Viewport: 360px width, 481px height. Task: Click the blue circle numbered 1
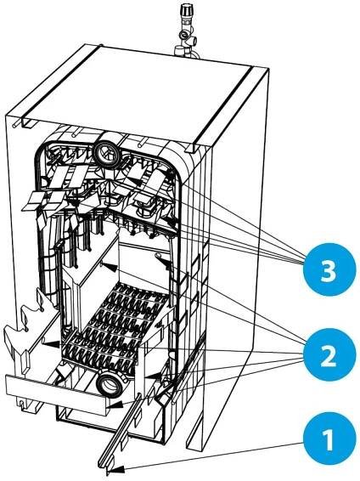point(328,439)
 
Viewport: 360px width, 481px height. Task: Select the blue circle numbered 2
point(328,354)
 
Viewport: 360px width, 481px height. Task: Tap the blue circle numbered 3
point(328,269)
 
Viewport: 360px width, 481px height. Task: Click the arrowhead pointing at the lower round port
point(114,405)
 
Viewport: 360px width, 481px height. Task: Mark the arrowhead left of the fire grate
point(51,343)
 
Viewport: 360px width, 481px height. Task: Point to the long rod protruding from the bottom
point(121,433)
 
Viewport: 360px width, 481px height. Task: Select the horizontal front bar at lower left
point(57,392)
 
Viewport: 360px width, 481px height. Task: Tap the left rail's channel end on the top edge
point(30,123)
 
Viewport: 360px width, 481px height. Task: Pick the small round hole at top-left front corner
point(14,126)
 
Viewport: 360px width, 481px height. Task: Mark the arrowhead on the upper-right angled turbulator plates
point(137,182)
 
